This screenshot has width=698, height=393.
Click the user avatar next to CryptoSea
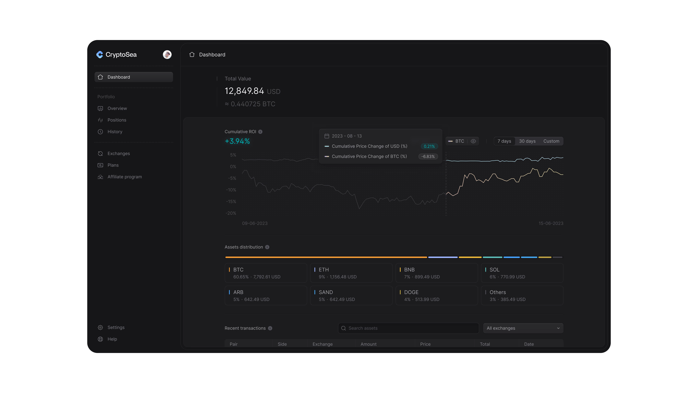167,55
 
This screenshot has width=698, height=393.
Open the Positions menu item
117,120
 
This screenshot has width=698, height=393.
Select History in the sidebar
115,132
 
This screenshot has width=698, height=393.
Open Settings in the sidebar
116,327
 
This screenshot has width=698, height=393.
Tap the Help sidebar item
112,339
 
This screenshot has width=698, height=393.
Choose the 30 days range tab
527,141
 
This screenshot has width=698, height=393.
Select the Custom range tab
551,141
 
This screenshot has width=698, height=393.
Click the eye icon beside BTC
473,141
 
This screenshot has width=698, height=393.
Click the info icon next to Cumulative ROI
260,132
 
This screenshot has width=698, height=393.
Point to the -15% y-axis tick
231,202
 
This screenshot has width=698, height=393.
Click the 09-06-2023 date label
254,223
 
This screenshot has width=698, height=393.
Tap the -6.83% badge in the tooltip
428,156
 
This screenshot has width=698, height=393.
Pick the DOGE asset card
436,295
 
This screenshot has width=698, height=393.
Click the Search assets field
408,328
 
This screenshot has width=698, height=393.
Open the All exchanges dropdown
523,328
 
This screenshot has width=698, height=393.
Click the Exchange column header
322,344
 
